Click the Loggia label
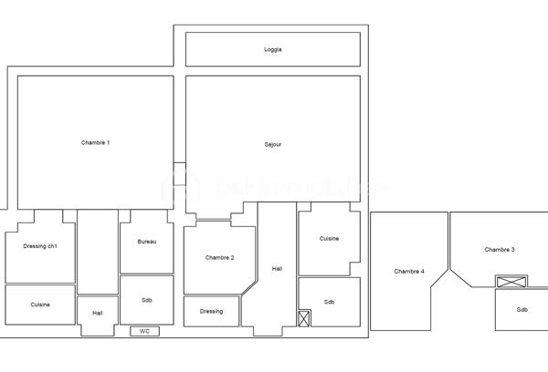point(272,49)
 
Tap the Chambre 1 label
point(95,142)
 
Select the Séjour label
point(272,144)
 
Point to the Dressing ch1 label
point(40,246)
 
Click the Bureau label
point(147,242)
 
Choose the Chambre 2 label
point(219,258)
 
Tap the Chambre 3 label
point(500,250)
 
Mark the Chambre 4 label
point(409,272)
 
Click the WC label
point(144,331)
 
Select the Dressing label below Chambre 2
point(211,312)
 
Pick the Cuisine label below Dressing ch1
point(40,305)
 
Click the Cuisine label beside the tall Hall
point(329,239)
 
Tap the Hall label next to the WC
point(98,313)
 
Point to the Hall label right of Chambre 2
point(277,268)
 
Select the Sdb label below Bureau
point(147,300)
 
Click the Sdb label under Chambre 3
point(522,309)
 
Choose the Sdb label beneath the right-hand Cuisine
point(329,302)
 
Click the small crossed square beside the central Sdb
point(305,318)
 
